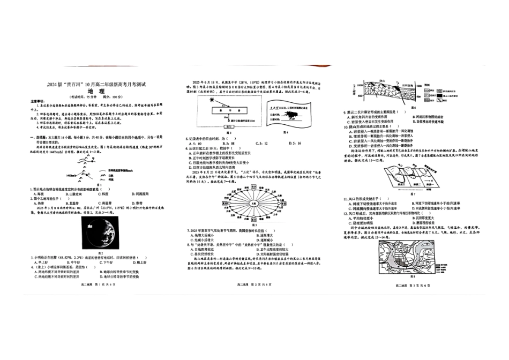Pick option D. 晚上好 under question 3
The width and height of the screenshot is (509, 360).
pyautogui.click(x=138, y=262)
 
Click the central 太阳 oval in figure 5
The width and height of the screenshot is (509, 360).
pyautogui.click(x=255, y=203)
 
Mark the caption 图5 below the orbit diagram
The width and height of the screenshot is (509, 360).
pyautogui.click(x=255, y=225)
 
